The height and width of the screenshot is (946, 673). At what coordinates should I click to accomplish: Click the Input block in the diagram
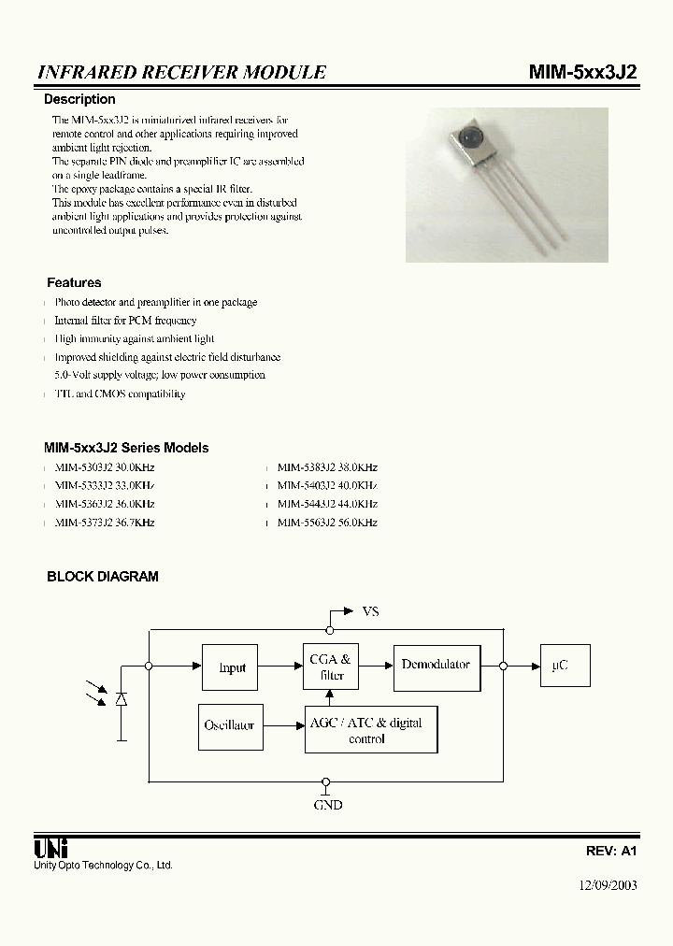click(x=231, y=667)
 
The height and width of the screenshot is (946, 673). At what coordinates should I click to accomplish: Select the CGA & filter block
click(x=331, y=667)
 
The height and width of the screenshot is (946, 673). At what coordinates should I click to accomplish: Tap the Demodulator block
click(x=436, y=666)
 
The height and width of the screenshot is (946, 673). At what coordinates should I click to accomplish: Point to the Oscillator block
click(x=229, y=725)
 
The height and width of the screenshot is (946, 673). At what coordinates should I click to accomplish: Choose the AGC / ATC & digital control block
click(x=371, y=730)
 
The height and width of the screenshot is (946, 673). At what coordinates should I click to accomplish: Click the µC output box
click(x=560, y=666)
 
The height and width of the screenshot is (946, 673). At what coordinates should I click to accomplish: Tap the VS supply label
click(x=370, y=611)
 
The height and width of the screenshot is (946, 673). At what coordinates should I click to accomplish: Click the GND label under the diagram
click(x=327, y=805)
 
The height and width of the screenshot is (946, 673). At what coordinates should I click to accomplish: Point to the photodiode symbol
click(x=121, y=699)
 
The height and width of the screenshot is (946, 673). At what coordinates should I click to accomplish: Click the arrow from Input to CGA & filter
click(x=280, y=666)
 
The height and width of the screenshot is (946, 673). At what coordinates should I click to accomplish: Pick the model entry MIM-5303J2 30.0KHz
click(x=104, y=467)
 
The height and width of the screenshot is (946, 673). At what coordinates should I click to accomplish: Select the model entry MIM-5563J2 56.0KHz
click(x=327, y=523)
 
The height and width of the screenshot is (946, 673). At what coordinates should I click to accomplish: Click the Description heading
click(x=80, y=99)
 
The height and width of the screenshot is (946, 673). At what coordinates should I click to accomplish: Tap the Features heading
click(x=74, y=282)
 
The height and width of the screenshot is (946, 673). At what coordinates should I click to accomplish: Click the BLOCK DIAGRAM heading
click(x=103, y=577)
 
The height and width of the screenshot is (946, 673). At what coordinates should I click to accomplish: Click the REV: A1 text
click(x=611, y=852)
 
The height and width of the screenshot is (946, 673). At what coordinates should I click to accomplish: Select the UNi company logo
click(x=49, y=849)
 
